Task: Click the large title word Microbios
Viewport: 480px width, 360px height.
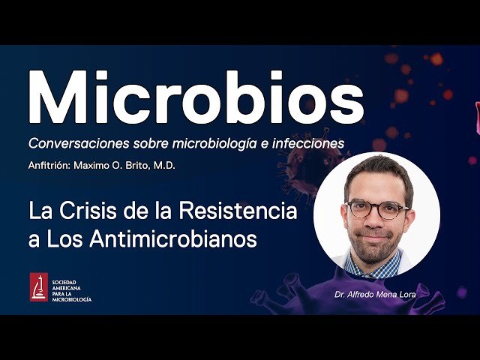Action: (195, 99)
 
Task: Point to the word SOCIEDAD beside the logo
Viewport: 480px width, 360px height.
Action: (66, 279)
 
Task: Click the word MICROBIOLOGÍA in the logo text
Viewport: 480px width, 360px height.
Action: (72, 299)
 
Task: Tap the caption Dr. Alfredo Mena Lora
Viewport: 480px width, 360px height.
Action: (377, 295)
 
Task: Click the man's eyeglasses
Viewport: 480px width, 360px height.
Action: (376, 209)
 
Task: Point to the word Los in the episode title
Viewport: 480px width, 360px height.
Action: (64, 240)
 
